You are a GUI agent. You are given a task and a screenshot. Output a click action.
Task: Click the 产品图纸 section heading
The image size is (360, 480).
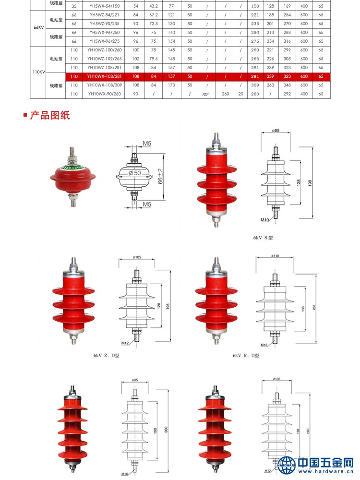[50, 116]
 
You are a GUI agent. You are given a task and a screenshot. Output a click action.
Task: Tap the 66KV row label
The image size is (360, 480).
[39, 28]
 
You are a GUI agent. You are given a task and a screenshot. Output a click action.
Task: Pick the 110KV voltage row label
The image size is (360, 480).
[39, 72]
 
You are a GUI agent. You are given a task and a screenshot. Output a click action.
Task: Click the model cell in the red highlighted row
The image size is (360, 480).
[104, 76]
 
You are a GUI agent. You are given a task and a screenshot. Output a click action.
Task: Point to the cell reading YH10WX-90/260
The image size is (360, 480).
[104, 94]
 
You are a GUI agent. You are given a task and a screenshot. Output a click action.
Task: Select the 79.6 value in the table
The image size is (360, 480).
[154, 59]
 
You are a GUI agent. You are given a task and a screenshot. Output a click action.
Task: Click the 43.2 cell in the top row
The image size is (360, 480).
[154, 6]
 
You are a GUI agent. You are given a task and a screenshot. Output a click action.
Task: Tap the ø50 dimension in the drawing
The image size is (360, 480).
[134, 172]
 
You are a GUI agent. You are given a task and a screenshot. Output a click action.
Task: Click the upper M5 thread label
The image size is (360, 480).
[146, 144]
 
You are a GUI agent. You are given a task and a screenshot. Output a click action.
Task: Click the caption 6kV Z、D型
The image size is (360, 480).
[106, 356]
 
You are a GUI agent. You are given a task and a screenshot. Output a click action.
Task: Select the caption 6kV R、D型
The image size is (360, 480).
[246, 356]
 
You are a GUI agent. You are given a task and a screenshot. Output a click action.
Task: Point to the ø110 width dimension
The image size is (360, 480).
[275, 256]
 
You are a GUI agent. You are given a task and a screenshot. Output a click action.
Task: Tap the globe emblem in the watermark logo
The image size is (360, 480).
[287, 464]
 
